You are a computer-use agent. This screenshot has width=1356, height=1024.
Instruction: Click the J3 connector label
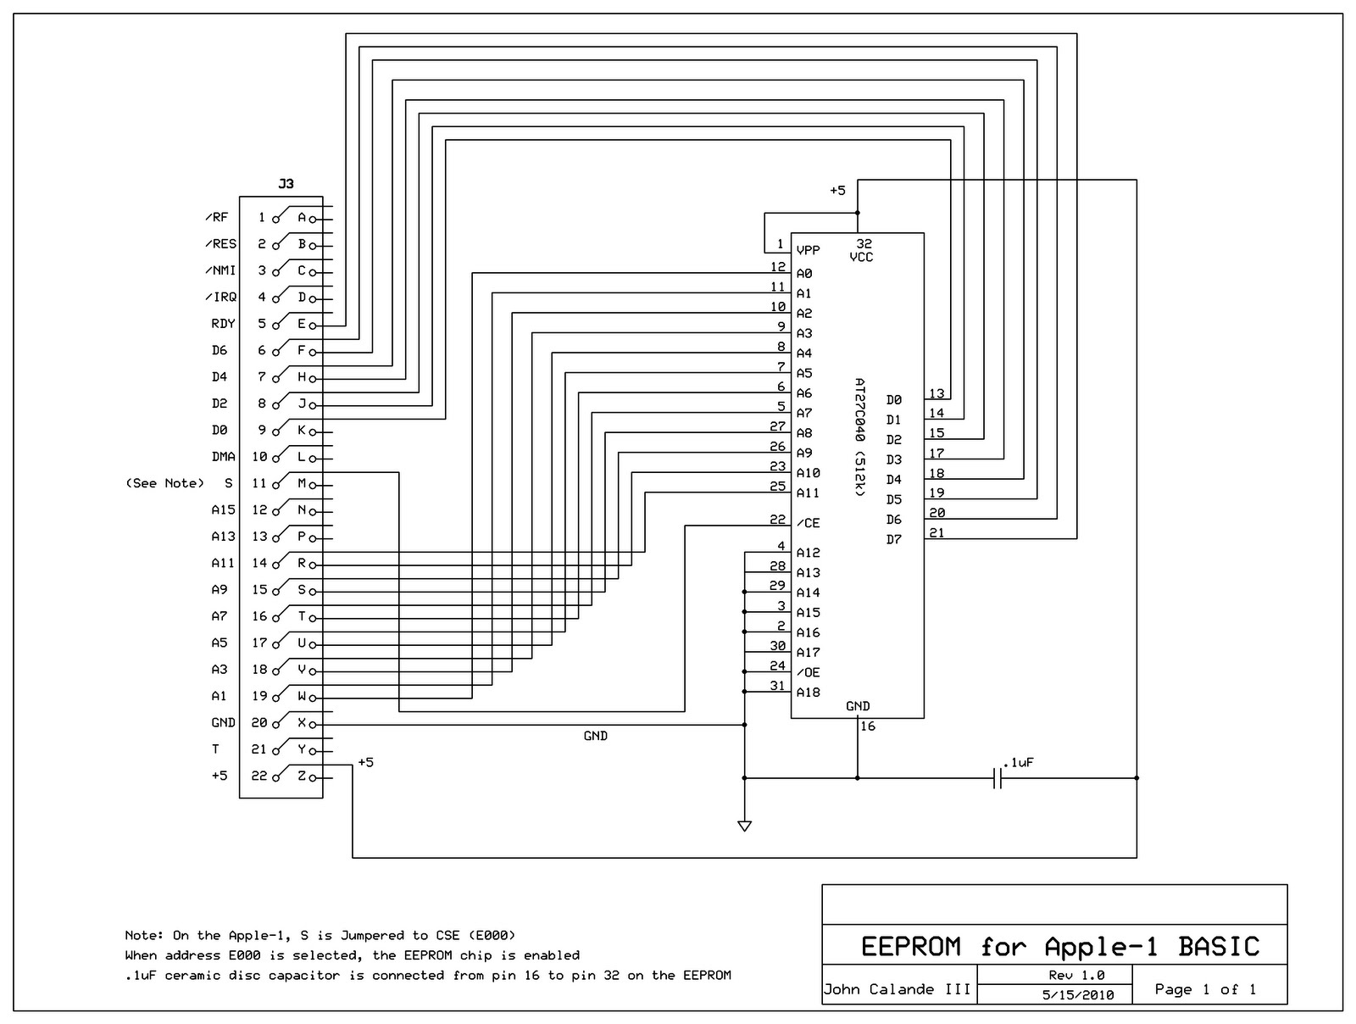tap(286, 184)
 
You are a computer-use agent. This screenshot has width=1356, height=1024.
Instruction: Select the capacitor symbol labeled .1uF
tap(998, 777)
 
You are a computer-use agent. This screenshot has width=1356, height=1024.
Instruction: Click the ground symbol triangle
tap(744, 826)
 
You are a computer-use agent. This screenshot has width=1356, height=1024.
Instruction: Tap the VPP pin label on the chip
tap(808, 251)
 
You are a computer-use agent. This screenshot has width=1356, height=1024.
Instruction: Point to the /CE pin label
tap(807, 523)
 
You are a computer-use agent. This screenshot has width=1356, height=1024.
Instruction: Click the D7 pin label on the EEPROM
tap(894, 540)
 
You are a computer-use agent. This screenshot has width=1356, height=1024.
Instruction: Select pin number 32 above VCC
tap(864, 244)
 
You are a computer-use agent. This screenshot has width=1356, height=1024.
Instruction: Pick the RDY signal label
tap(224, 324)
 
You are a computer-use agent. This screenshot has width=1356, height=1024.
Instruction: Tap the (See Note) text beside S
tap(165, 483)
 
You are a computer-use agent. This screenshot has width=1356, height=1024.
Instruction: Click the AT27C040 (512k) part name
tap(860, 437)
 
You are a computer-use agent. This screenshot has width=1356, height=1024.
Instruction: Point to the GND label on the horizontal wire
tap(596, 736)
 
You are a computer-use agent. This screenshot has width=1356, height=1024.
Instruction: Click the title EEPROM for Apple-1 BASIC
tap(1060, 946)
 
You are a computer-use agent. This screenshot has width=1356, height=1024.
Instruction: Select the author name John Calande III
tap(897, 989)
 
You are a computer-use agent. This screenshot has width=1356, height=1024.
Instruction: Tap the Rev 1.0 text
tap(1076, 975)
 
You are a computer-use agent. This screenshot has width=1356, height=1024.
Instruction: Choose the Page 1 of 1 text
tap(1205, 989)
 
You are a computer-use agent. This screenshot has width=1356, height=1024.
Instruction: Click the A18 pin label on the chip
tap(808, 693)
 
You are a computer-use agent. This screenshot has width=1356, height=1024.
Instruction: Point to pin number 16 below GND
tap(868, 726)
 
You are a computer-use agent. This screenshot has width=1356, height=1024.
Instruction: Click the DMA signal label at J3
tap(224, 457)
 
